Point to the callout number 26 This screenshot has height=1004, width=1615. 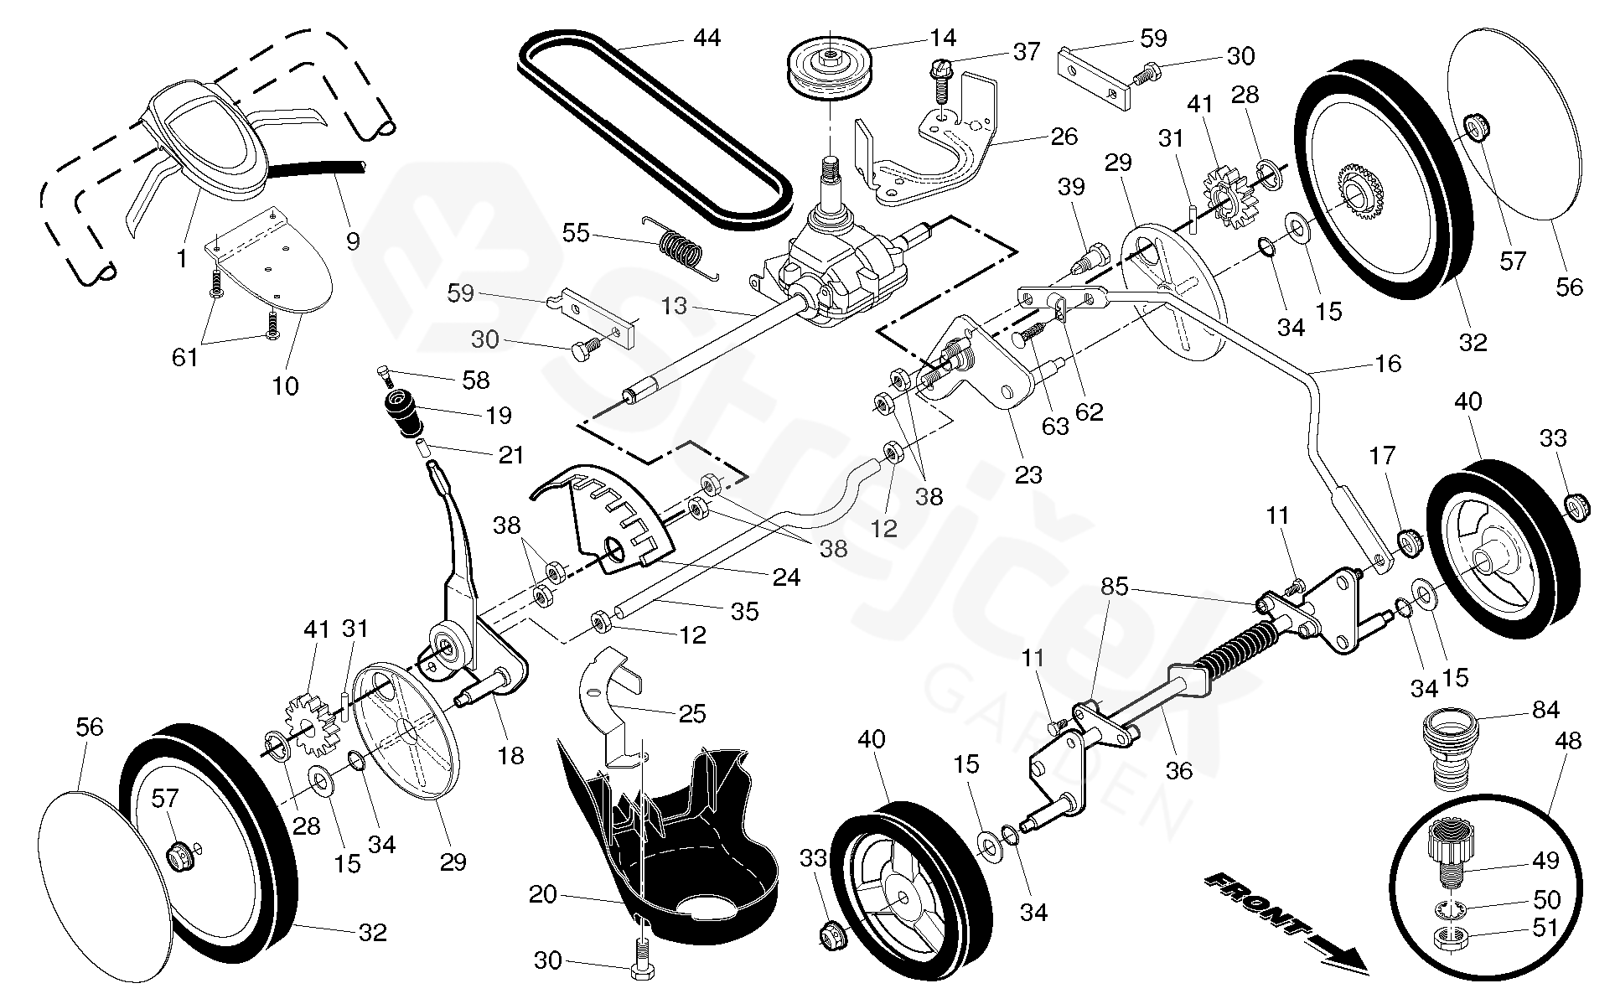point(1064,136)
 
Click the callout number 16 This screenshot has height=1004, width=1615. point(1388,363)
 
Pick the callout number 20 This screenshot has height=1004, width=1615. point(542,895)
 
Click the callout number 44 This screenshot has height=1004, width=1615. point(707,38)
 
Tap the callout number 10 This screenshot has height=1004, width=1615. point(285,386)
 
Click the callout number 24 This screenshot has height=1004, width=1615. point(786,577)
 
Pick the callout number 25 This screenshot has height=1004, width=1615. point(692,713)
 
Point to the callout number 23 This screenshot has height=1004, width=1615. point(1028,474)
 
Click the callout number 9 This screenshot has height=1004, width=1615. point(353,241)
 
